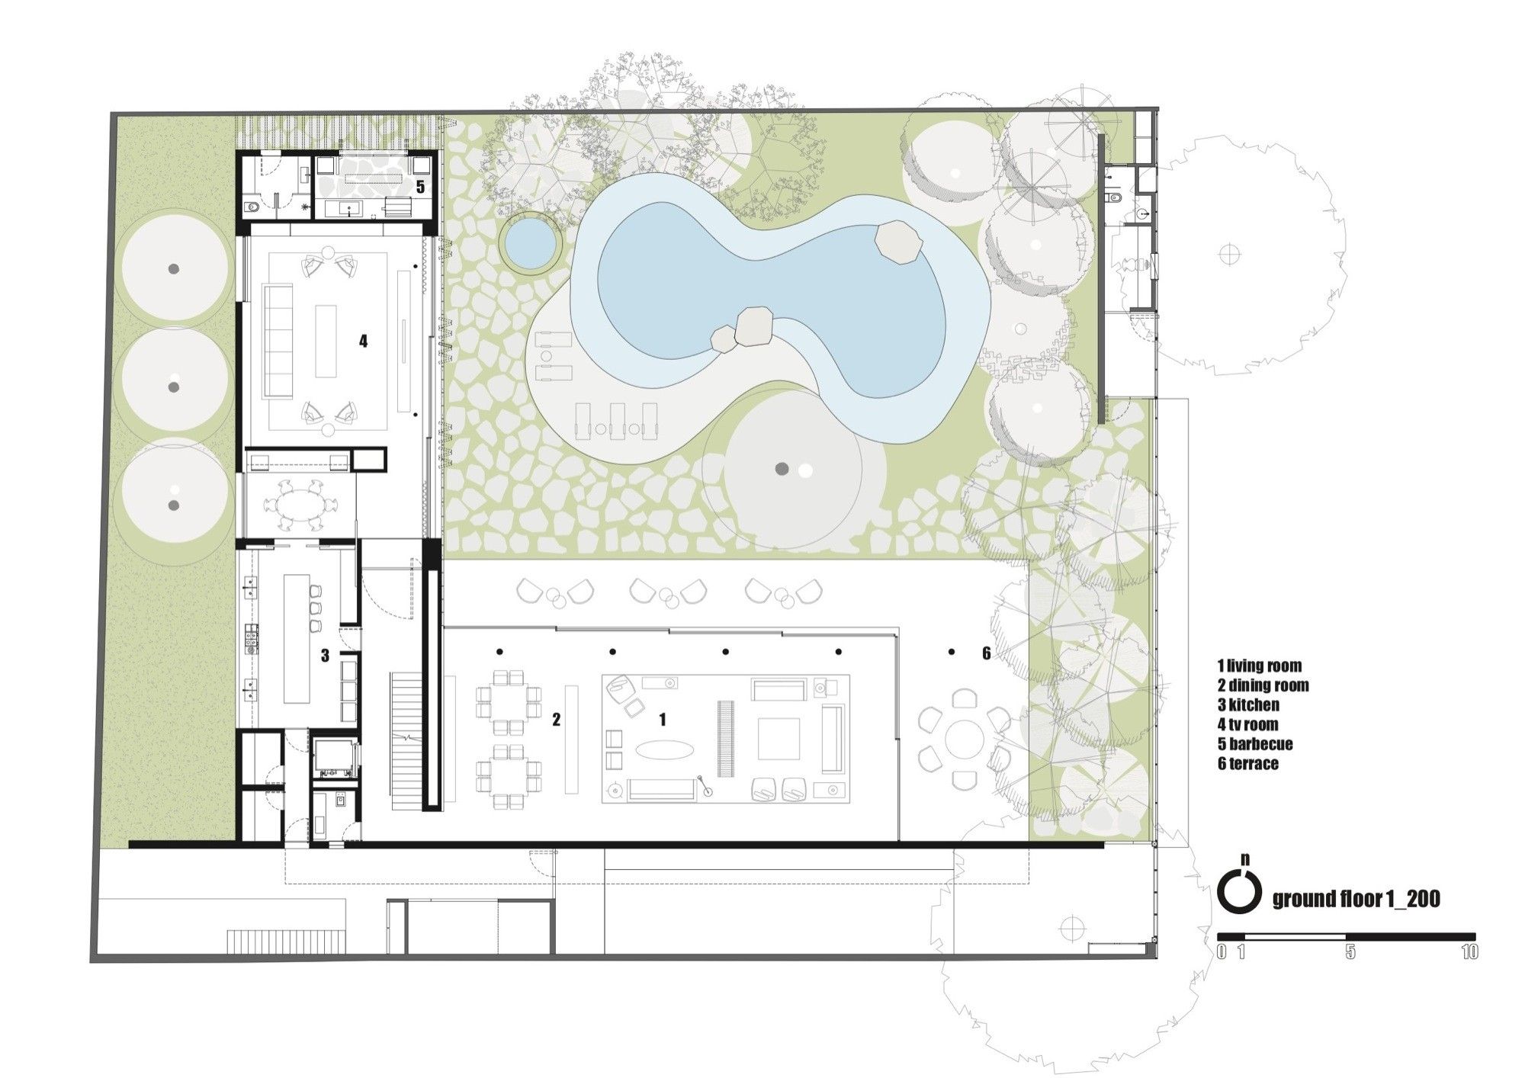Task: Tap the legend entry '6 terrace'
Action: tap(1248, 763)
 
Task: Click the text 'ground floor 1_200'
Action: tap(1356, 900)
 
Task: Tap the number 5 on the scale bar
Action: tap(1350, 952)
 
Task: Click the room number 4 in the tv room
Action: tap(364, 342)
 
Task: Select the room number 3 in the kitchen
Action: tap(325, 656)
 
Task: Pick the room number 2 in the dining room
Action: tap(557, 719)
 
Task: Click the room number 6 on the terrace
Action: tap(986, 653)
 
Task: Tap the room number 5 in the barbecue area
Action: tap(420, 187)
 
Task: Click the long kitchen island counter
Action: tap(294, 639)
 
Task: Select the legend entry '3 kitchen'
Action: tap(1249, 705)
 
